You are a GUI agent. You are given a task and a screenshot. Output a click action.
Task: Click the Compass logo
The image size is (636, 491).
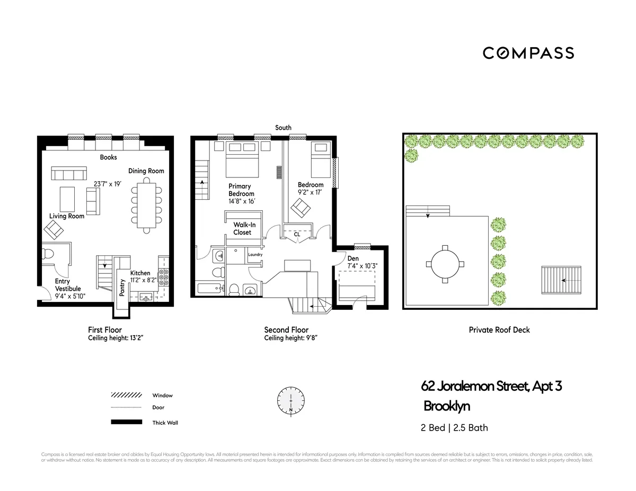pos(528,53)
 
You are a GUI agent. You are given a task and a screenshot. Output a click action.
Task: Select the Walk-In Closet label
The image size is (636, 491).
pos(242,228)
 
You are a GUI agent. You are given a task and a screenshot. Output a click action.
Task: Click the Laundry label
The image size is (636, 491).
pos(255,255)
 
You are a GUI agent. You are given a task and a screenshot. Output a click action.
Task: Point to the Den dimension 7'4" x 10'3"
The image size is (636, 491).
pos(363,266)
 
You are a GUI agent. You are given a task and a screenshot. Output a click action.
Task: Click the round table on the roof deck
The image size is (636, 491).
pos(444,264)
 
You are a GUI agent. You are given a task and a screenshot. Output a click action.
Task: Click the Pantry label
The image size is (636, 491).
pos(122,287)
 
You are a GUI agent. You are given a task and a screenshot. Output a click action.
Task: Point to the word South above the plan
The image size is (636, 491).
pos(283,128)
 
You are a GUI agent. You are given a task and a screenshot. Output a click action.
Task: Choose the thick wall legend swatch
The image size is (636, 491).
pos(126,422)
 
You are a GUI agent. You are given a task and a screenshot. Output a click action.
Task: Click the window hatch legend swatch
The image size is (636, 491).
pos(126,395)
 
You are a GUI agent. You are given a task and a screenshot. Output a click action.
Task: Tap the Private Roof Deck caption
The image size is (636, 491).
pos(499,329)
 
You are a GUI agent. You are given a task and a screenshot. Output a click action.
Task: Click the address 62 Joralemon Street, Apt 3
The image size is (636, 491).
pos(491,386)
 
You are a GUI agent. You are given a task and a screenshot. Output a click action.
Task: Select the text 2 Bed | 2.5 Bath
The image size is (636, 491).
pos(454,427)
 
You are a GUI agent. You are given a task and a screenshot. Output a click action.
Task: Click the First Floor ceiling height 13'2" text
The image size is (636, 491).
pos(116,337)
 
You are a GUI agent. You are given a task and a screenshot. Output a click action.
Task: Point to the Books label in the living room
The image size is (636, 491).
pos(108,157)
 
